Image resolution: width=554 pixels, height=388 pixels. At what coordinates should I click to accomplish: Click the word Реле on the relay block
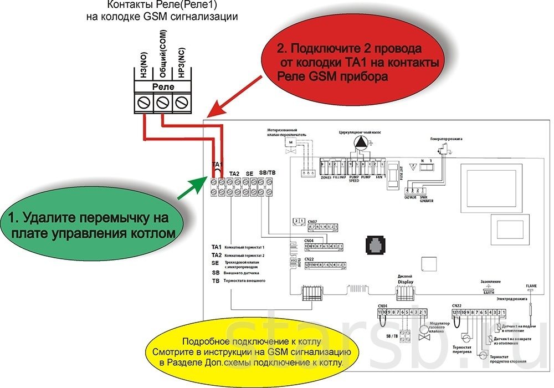coord(162,87)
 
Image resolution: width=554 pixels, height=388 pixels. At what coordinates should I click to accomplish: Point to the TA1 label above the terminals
coord(217,165)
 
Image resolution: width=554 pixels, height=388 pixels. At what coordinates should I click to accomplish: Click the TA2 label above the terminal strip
coord(234,173)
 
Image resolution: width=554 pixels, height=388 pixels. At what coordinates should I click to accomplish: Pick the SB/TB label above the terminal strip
coord(268,173)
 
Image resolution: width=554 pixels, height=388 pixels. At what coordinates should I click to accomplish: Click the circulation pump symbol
coord(361,144)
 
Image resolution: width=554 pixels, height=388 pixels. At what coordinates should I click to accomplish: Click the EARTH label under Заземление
coord(489,292)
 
